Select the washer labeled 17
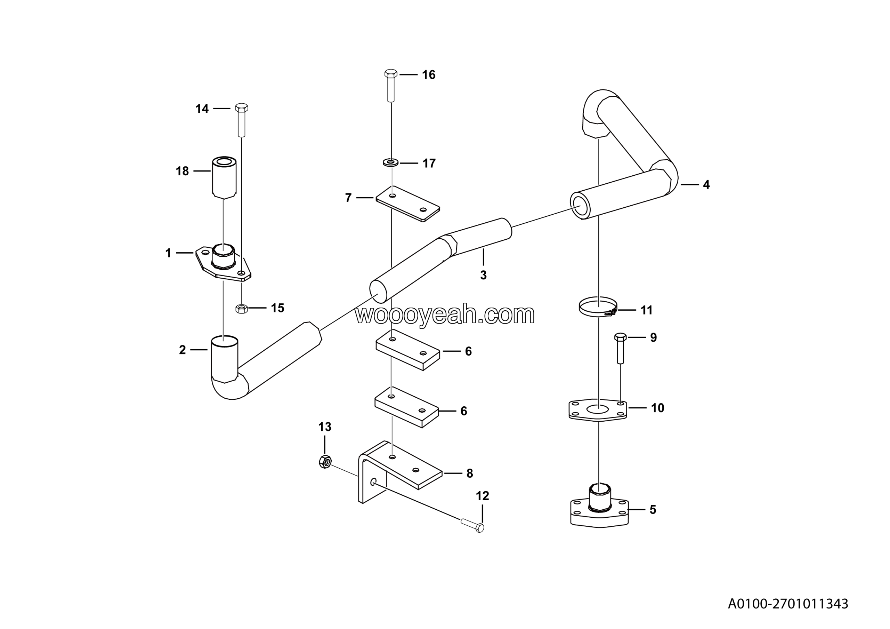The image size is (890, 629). (391, 161)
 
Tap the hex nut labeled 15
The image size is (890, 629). (242, 309)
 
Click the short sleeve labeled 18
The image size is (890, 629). (224, 177)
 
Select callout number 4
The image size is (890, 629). (706, 185)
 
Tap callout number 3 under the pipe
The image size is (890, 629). (483, 275)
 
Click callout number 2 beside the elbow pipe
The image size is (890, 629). (182, 350)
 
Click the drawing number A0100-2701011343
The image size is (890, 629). (788, 603)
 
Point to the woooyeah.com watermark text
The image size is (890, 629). (445, 314)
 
